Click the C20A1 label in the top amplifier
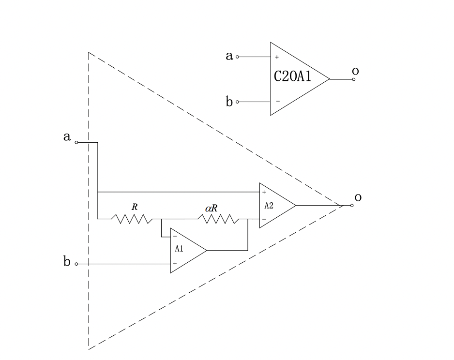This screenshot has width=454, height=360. [x=292, y=76]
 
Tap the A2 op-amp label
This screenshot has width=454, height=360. [x=269, y=205]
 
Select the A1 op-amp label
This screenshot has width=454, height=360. [x=179, y=249]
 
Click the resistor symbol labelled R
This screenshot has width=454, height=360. [x=132, y=219]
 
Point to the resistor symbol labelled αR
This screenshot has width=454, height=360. [x=219, y=219]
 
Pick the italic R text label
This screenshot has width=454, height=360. [x=135, y=207]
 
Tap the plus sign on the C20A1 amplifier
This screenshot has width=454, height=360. [x=277, y=57]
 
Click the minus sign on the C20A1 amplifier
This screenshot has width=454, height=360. [x=277, y=101]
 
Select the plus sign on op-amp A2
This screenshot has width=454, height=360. [x=264, y=193]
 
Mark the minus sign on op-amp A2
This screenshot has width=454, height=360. [x=264, y=219]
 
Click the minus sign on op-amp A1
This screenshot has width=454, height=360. [x=175, y=237]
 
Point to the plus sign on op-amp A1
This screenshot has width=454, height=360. [x=175, y=263]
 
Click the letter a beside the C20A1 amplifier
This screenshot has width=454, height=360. [x=229, y=56]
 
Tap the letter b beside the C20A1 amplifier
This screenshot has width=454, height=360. [x=229, y=102]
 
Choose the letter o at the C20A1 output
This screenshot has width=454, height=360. [x=355, y=72]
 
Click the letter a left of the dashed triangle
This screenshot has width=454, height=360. [x=67, y=137]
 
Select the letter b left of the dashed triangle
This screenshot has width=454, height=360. [x=67, y=262]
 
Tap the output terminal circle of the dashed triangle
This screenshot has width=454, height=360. [x=352, y=206]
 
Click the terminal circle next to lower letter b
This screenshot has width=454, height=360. [x=76, y=264]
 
